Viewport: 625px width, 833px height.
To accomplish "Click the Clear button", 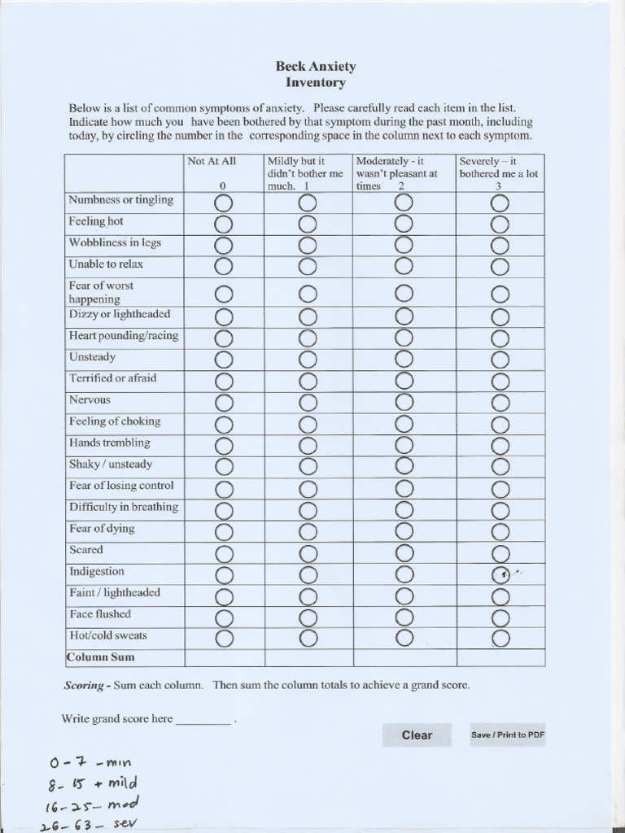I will click(417, 735).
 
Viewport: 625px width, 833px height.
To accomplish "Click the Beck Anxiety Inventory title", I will click(316, 74).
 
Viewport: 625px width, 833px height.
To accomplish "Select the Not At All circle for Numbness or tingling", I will click(224, 202).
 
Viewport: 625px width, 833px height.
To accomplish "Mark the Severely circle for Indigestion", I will click(500, 575).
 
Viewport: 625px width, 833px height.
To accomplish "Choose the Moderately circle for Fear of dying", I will click(403, 531).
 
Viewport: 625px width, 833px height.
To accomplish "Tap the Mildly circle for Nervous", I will click(307, 402).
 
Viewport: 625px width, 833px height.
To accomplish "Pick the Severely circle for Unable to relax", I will click(500, 266).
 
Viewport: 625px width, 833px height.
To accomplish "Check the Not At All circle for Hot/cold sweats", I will click(224, 636).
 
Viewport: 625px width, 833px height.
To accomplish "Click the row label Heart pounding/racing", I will click(124, 336).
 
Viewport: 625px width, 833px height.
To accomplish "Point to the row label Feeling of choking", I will click(115, 421).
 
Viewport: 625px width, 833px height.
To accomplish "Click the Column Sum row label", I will click(101, 657).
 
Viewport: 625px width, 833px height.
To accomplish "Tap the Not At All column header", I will click(212, 162).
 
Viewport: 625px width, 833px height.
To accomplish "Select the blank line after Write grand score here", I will click(203, 720).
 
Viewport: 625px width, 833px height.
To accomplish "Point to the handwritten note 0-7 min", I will click(90, 762).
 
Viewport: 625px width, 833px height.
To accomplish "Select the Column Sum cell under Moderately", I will click(404, 657).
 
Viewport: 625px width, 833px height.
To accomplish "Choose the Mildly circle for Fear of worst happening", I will click(307, 293).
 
